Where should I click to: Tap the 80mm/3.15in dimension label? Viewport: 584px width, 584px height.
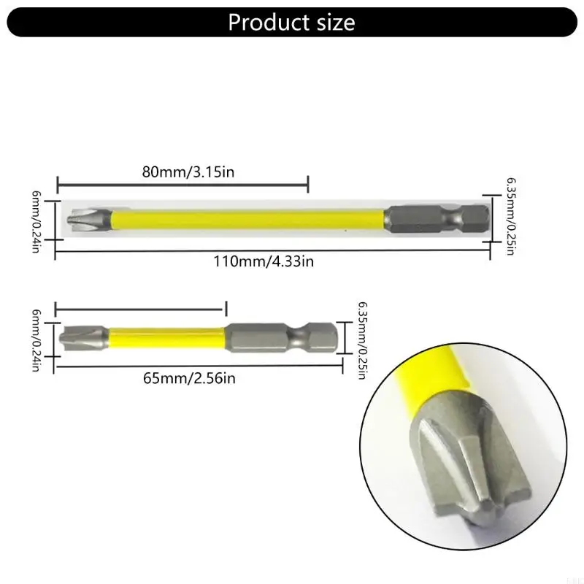click(x=188, y=172)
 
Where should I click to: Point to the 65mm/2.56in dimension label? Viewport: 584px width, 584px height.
click(x=190, y=377)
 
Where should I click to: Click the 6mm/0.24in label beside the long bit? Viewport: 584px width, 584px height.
click(x=35, y=217)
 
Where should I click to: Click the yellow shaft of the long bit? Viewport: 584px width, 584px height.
click(x=248, y=217)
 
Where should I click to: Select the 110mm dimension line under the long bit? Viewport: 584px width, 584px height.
click(x=272, y=250)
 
